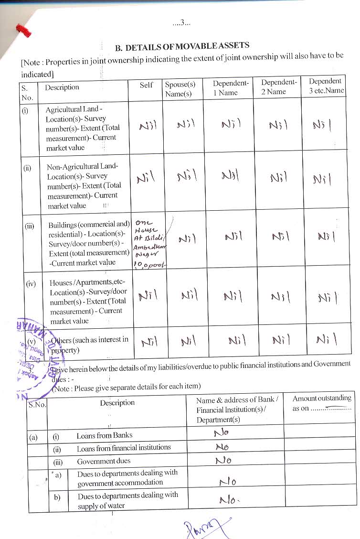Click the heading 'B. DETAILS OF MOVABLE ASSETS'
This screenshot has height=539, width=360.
182,46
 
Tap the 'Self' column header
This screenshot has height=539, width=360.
146,85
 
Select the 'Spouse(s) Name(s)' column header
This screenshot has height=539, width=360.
180,89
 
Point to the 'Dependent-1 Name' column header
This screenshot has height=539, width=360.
230,87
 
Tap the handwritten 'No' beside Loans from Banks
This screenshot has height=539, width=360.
221,433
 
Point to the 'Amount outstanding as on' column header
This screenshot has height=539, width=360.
321,403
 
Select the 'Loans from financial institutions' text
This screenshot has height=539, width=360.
124,448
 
